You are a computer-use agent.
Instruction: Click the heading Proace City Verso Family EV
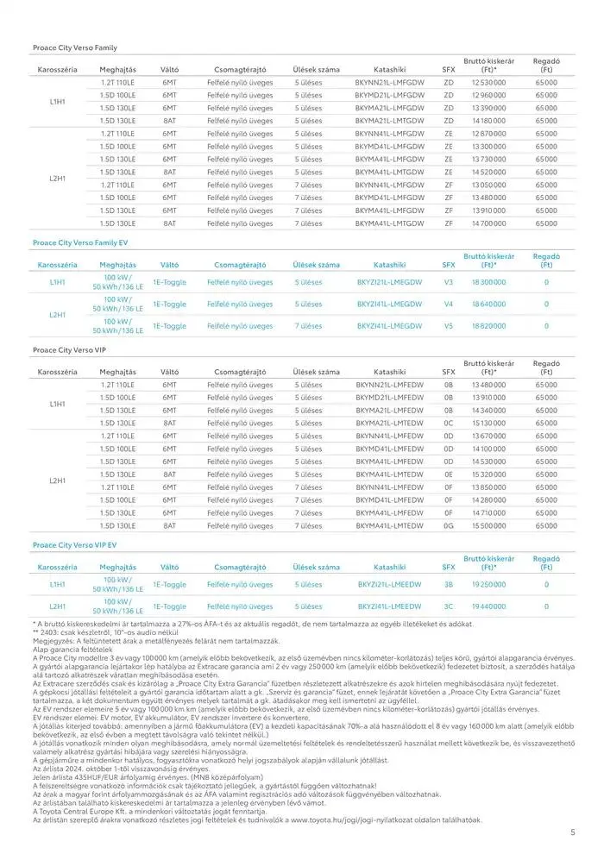point(80,243)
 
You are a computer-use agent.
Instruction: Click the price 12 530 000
point(488,82)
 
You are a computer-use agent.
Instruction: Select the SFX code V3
point(449,282)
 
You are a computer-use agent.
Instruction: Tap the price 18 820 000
point(488,326)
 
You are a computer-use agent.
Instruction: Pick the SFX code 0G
point(449,525)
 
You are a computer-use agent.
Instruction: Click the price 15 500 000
point(488,525)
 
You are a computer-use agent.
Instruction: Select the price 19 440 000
point(488,606)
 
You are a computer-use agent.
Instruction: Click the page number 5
point(574,832)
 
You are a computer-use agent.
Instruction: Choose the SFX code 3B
point(449,584)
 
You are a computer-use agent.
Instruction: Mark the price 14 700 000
point(488,223)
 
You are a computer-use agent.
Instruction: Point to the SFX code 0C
point(449,424)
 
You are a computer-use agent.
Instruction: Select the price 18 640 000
point(488,305)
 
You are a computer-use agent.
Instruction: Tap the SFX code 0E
point(449,474)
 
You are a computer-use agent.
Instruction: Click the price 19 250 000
point(488,584)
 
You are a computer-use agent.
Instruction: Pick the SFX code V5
point(449,326)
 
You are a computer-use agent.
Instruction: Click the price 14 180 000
point(488,121)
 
